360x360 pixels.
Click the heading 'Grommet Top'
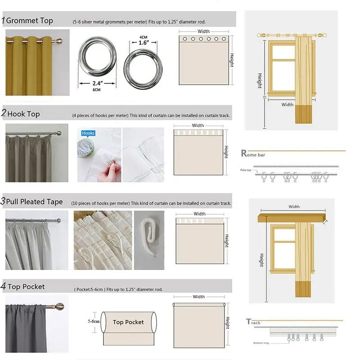[29, 21]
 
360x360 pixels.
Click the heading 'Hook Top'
[23, 114]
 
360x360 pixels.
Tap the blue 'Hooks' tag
[88, 133]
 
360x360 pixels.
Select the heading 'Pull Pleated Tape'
[34, 202]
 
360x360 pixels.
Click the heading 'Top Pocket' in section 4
[26, 287]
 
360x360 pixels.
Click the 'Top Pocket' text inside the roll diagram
[128, 322]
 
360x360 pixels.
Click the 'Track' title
[253, 322]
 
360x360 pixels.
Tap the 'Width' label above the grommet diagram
[203, 31]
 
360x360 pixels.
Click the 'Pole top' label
[246, 171]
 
